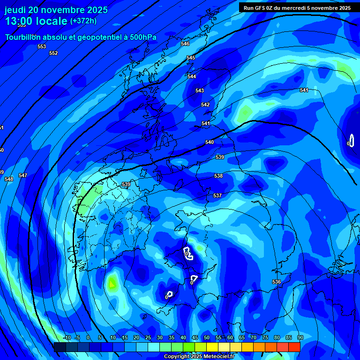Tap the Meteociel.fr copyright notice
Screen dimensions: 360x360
(x=199, y=356)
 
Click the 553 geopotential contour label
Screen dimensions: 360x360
(x=42, y=46)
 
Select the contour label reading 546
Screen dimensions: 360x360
(x=185, y=44)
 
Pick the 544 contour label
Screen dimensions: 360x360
(x=192, y=76)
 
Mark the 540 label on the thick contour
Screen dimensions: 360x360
(x=210, y=142)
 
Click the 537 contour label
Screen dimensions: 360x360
(x=217, y=195)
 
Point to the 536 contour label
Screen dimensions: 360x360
(x=277, y=282)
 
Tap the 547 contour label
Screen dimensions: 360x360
(x=22, y=175)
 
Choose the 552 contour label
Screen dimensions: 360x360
(x=53, y=53)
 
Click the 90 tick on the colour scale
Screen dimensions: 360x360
(x=300, y=337)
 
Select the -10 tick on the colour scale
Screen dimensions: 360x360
(x=67, y=337)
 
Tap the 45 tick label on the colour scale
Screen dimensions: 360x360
(x=195, y=337)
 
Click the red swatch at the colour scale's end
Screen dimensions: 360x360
(x=294, y=347)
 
